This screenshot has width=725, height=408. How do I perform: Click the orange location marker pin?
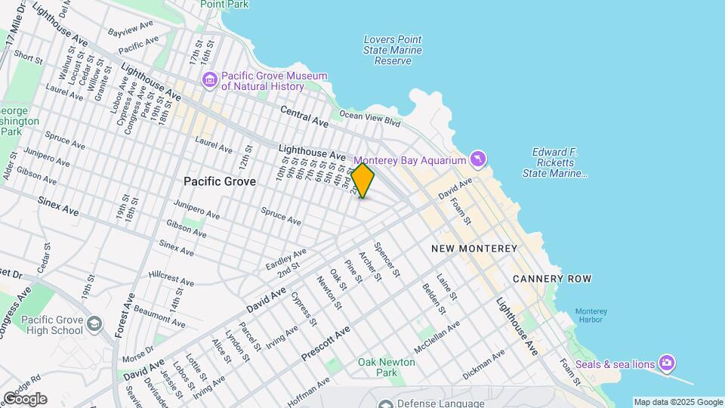(x=362, y=181)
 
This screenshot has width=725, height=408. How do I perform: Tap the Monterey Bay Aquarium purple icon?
(x=477, y=159)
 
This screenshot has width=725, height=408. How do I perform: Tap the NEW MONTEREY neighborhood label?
(x=474, y=249)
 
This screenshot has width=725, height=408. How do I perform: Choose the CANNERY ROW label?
(x=552, y=279)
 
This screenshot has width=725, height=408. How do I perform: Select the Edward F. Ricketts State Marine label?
(x=555, y=162)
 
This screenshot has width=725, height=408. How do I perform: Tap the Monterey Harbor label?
(x=590, y=315)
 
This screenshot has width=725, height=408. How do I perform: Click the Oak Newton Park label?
(x=387, y=367)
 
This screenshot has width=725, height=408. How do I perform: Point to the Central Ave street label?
(x=304, y=116)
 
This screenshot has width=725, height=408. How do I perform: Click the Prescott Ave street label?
(x=325, y=343)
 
